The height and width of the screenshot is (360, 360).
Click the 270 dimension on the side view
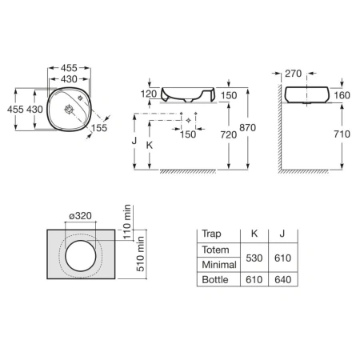(293, 74)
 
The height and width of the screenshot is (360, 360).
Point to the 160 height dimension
(342, 95)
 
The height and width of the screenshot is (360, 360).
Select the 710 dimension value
(342, 134)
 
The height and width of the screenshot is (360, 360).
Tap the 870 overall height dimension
(247, 128)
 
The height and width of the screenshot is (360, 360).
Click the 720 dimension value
(229, 134)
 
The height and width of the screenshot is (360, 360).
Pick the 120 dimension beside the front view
(149, 94)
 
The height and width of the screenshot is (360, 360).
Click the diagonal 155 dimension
(99, 128)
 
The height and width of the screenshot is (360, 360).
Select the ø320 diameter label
(80, 215)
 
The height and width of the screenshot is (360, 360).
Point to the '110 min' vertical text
(127, 222)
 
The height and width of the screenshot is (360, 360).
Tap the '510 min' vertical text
(140, 254)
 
